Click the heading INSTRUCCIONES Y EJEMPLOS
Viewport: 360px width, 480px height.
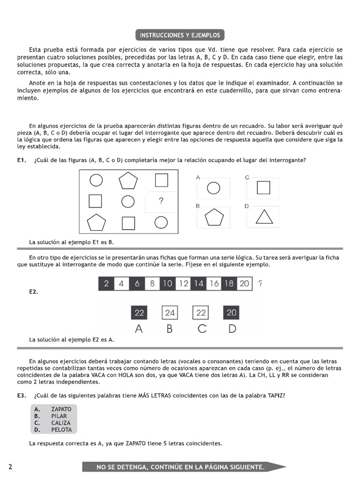click(180, 35)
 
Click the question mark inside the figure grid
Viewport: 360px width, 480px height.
click(161, 201)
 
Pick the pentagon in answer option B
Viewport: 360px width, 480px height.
click(214, 217)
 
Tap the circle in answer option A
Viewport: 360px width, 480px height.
click(213, 188)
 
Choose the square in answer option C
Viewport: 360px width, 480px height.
click(263, 187)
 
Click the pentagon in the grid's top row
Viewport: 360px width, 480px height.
click(128, 180)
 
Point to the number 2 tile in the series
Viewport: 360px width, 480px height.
click(106, 284)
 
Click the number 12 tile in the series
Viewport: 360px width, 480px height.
click(184, 284)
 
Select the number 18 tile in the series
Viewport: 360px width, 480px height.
click(229, 284)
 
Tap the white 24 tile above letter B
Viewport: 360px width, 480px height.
click(170, 313)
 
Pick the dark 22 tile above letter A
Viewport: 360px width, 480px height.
click(139, 313)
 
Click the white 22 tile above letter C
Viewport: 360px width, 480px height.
click(201, 313)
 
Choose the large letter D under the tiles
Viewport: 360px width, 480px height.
click(232, 329)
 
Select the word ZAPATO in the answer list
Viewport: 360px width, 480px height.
click(61, 409)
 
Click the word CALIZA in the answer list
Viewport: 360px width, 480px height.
click(61, 423)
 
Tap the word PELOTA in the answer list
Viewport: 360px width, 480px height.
click(61, 429)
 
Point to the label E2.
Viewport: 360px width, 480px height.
click(33, 292)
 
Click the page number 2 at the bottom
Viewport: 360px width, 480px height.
click(10, 466)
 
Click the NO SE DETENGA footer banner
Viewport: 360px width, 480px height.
click(180, 467)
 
